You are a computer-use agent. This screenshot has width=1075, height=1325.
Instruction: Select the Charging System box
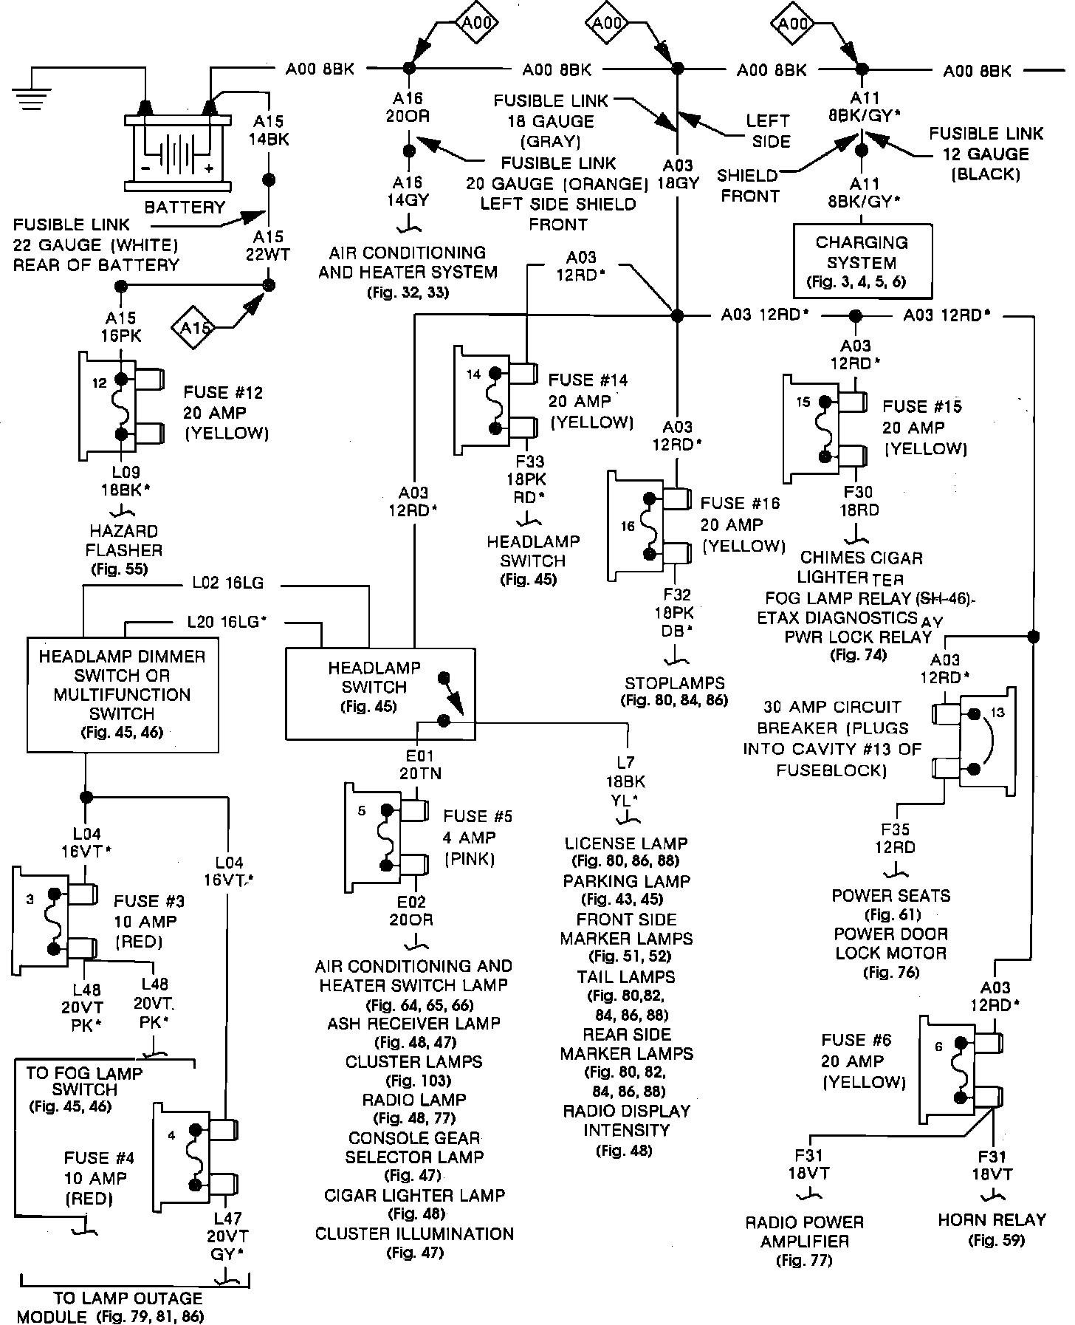[862, 261]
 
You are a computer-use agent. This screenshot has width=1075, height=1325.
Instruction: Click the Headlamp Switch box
[380, 692]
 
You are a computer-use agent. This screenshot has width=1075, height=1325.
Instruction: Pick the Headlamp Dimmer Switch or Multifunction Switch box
[123, 695]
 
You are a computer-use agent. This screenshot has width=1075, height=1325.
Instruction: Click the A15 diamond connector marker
[194, 326]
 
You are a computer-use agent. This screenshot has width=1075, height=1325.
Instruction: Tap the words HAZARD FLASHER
[124, 541]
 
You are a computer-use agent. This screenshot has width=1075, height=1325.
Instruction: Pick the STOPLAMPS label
[675, 683]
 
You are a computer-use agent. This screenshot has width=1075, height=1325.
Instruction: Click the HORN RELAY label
[992, 1220]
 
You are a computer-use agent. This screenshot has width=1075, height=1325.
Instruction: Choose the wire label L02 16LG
[227, 583]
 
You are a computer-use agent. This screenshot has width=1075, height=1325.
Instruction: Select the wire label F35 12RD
[895, 839]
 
